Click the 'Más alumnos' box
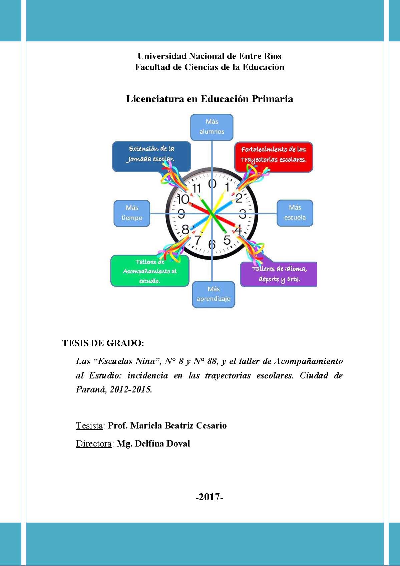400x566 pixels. click(212, 127)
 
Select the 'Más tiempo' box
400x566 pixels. click(132, 213)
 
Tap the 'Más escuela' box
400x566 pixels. click(295, 213)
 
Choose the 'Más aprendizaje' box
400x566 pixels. click(214, 294)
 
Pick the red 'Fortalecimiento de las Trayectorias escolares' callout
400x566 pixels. click(274, 156)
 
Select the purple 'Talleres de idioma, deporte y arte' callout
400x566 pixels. click(279, 274)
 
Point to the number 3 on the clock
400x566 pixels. click(243, 214)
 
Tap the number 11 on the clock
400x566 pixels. click(196, 189)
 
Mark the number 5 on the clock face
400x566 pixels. click(227, 240)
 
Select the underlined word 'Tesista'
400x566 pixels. click(89, 426)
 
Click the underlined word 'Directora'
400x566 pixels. click(94, 444)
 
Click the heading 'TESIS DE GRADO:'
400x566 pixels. click(103, 343)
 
